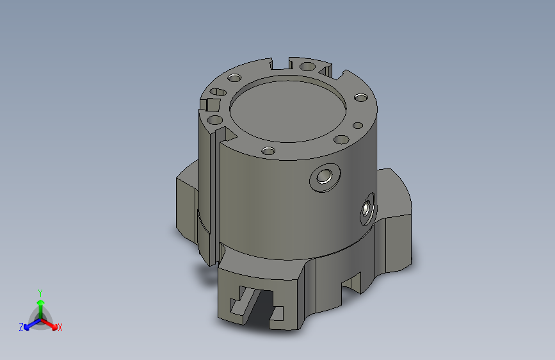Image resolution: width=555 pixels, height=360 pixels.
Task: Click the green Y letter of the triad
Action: [x=40, y=291]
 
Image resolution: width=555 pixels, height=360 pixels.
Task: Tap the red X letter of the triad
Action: [x=60, y=328]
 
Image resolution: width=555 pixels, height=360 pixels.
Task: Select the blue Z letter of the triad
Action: [x=21, y=327]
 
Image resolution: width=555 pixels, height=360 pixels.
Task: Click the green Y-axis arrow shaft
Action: [x=40, y=307]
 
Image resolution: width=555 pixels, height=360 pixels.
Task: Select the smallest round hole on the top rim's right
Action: [x=358, y=125]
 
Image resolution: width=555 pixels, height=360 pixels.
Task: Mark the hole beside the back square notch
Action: [x=307, y=66]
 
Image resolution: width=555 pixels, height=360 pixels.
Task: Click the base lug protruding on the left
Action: [x=187, y=202]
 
